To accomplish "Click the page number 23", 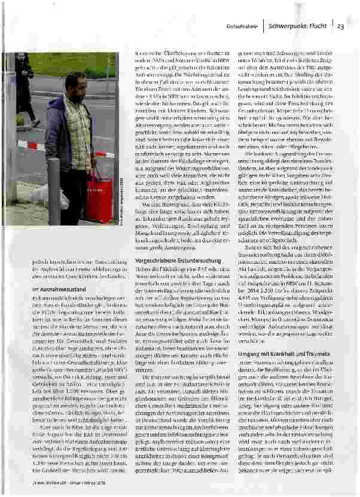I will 340,26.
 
